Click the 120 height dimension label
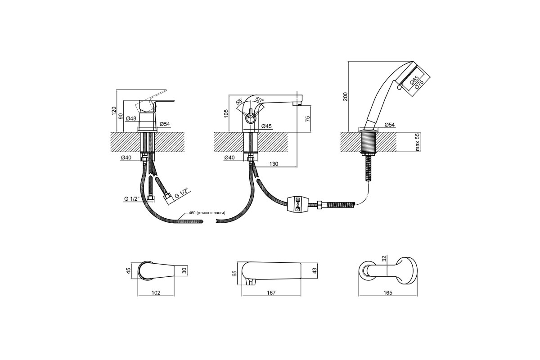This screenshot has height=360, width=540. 114,111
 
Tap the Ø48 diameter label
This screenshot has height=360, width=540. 131,119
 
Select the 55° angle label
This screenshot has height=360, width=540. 239,101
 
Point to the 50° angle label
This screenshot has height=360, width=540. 260,99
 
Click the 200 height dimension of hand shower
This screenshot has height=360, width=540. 346,96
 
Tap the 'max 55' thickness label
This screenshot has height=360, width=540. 418,142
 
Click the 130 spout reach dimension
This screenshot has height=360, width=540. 274,164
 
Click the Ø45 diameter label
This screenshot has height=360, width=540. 266,126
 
